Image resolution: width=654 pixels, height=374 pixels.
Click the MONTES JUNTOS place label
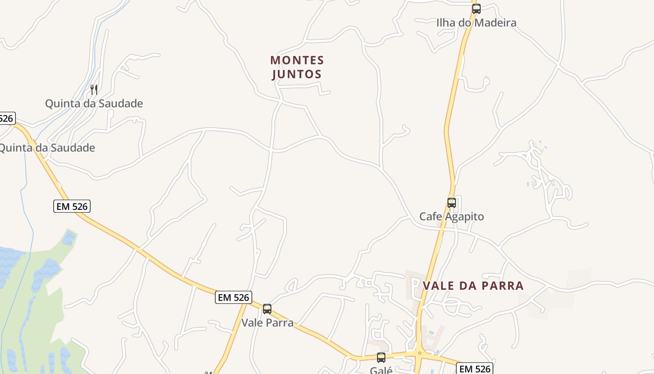pos(297,67)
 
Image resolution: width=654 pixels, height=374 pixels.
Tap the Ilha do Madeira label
pos(476,22)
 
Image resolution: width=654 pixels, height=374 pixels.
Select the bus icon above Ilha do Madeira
pos(476,8)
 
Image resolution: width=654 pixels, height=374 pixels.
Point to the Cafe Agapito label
pos(451,216)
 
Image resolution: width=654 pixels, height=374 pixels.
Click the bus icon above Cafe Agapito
pos(452,203)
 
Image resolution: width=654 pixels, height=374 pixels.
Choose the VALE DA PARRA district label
pos(473,286)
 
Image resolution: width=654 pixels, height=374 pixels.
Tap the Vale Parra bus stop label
pos(267,323)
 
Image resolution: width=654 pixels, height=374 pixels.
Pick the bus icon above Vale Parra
pos(267,309)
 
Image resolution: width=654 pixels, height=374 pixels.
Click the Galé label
pos(381,370)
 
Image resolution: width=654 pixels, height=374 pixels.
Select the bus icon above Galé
pos(381,358)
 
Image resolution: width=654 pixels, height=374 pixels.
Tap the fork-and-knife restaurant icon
pos(94,90)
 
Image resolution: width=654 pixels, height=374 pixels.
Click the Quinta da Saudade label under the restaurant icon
pos(94,103)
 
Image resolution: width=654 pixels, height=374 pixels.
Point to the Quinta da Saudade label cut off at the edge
pos(47,148)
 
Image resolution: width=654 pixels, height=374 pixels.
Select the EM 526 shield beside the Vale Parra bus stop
pos(234,297)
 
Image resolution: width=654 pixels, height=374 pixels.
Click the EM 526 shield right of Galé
pos(475,368)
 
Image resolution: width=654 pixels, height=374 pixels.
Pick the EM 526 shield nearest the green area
pos(72,206)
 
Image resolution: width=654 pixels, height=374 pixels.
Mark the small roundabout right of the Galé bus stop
pos(419,353)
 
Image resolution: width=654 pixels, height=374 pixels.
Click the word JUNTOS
pos(297,74)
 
